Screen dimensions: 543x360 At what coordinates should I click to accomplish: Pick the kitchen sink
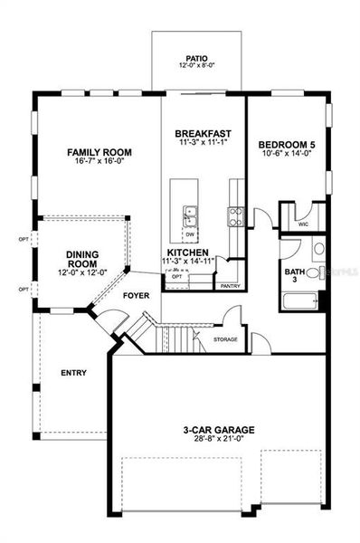click(192, 215)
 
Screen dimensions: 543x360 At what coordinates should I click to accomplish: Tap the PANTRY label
click(231, 285)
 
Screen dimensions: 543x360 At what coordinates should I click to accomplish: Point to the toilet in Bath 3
click(313, 272)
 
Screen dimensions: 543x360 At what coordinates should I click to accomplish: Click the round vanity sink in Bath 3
click(317, 250)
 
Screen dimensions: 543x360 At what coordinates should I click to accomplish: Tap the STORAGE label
click(226, 339)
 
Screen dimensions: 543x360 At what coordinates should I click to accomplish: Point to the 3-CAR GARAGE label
click(215, 430)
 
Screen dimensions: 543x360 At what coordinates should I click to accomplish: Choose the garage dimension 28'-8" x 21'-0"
click(215, 441)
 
